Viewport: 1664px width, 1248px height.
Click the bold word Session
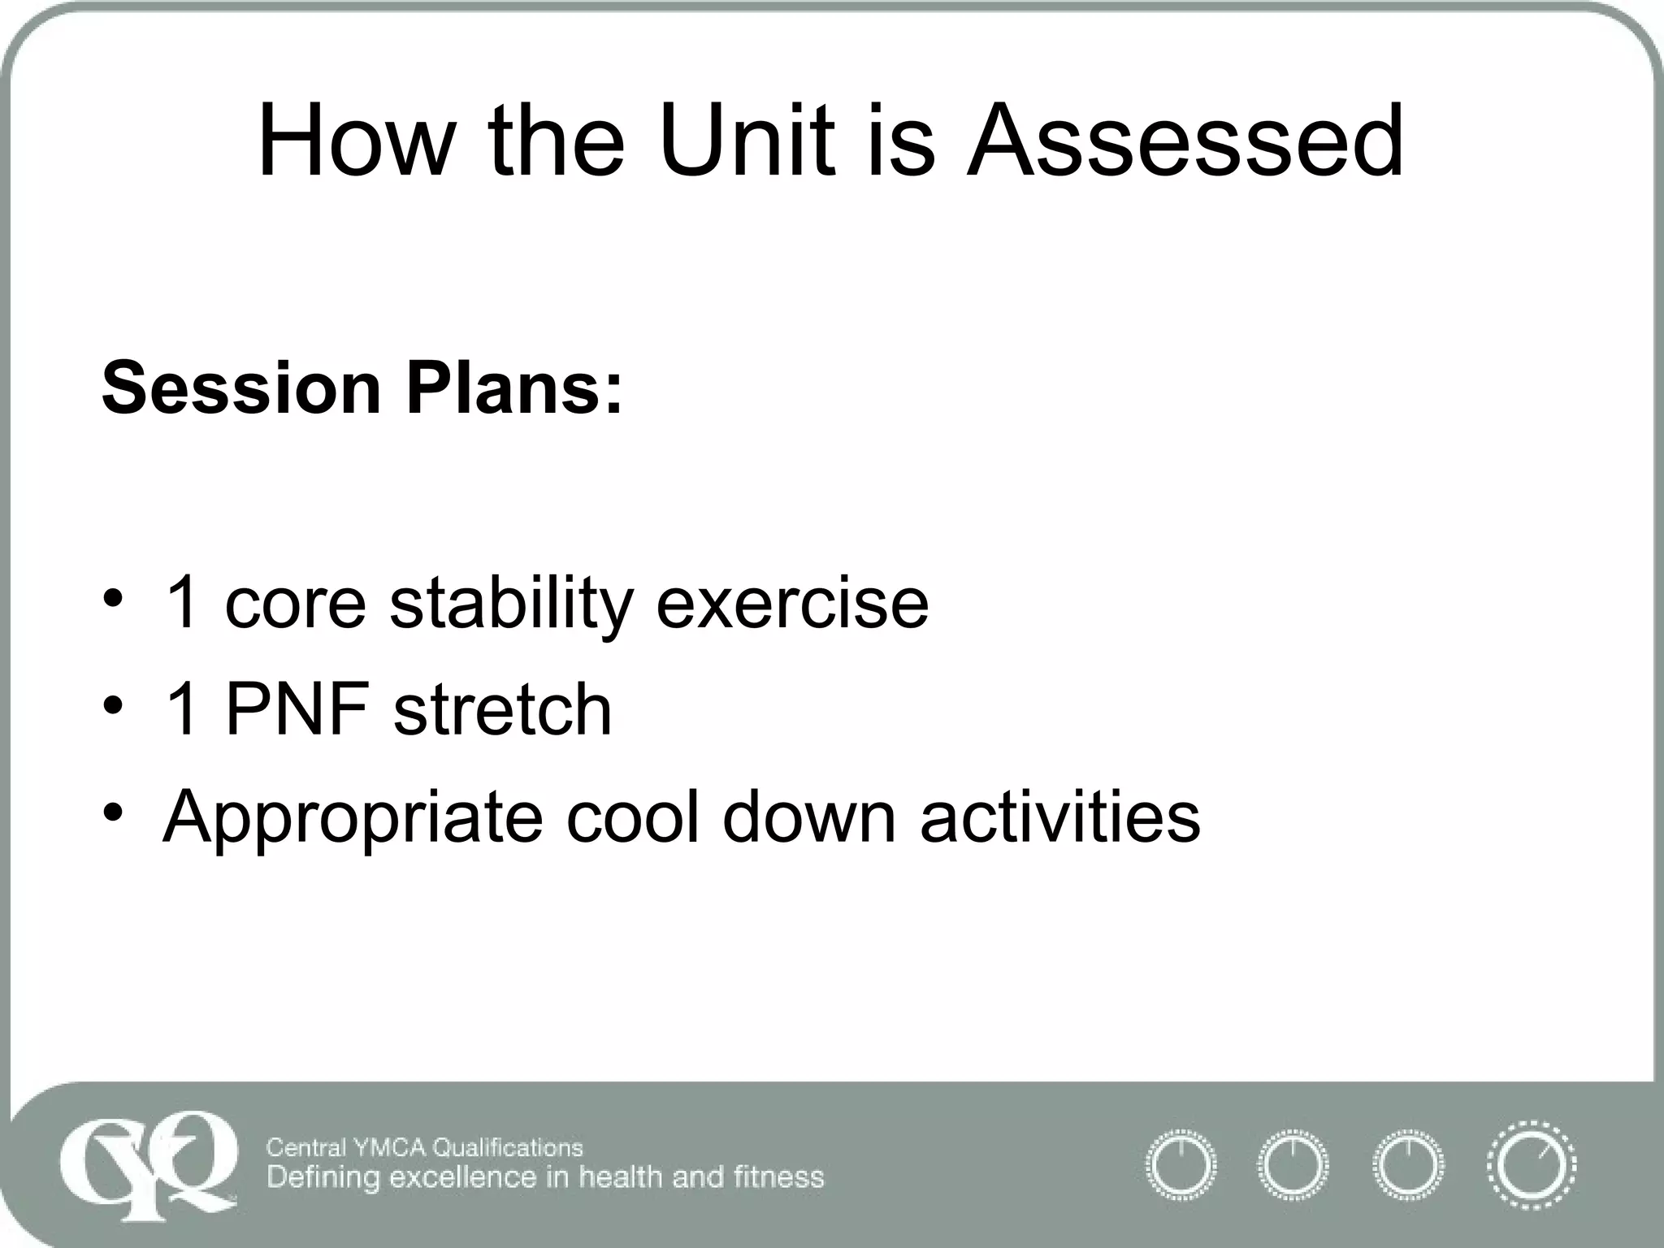pos(242,388)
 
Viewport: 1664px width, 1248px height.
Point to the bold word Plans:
pos(514,388)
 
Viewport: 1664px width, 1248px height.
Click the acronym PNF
pos(297,709)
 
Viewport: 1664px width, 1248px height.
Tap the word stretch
pos(502,709)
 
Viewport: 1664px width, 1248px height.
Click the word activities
pos(1059,816)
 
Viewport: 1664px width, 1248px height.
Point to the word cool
pos(632,816)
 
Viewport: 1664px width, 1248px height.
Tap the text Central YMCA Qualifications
pos(424,1147)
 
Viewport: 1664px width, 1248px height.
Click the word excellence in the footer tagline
pos(460,1177)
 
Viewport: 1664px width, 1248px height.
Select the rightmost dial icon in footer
pos(1531,1165)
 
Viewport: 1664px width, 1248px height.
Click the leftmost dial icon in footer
pos(1181,1165)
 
